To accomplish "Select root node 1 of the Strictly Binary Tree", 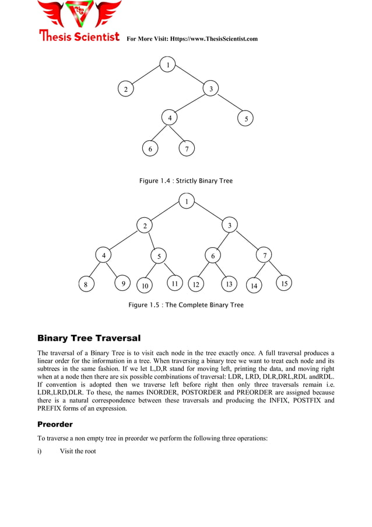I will tap(168, 65).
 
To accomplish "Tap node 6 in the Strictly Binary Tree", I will tap(150, 149).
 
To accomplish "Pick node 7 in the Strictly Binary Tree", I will tap(186, 149).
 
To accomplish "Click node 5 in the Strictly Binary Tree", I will tap(246, 119).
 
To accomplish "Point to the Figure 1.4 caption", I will tap(185, 181).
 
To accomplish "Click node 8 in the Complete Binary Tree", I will tap(86, 285).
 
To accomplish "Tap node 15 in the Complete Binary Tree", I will tap(284, 284).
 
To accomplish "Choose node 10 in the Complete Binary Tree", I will tap(145, 286).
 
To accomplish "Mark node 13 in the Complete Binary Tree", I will tap(229, 285).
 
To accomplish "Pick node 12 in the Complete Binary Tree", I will tap(196, 285).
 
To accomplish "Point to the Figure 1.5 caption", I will tap(185, 304).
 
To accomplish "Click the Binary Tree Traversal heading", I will tap(89, 338).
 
